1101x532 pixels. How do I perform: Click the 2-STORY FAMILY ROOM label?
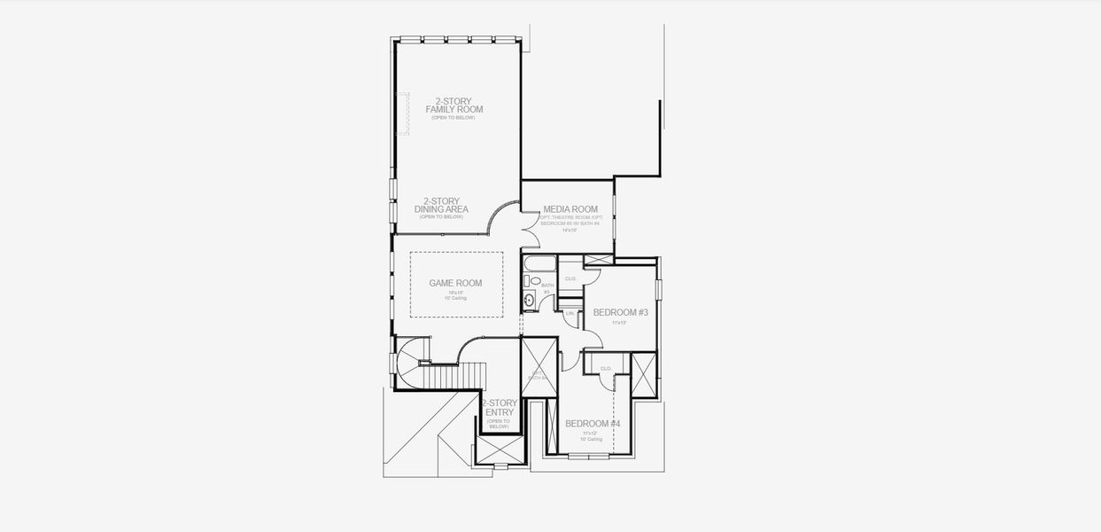pyautogui.click(x=454, y=106)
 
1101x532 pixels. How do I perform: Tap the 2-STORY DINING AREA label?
pyautogui.click(x=441, y=206)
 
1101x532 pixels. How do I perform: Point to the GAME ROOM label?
pyautogui.click(x=455, y=283)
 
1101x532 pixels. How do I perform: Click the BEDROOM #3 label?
pyautogui.click(x=620, y=312)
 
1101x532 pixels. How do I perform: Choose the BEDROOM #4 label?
pyautogui.click(x=593, y=424)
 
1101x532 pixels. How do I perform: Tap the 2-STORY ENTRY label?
pyautogui.click(x=500, y=408)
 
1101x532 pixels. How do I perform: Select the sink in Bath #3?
pyautogui.click(x=530, y=301)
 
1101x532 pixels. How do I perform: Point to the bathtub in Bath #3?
pyautogui.click(x=539, y=263)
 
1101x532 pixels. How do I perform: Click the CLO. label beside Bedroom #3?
pyautogui.click(x=570, y=278)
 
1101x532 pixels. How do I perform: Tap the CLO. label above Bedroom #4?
pyautogui.click(x=607, y=368)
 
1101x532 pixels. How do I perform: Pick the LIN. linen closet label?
pyautogui.click(x=570, y=313)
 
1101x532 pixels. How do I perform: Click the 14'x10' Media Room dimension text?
pyautogui.click(x=568, y=230)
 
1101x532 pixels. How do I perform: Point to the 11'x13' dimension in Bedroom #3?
pyautogui.click(x=618, y=323)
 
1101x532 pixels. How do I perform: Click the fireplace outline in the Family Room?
pyautogui.click(x=403, y=113)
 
